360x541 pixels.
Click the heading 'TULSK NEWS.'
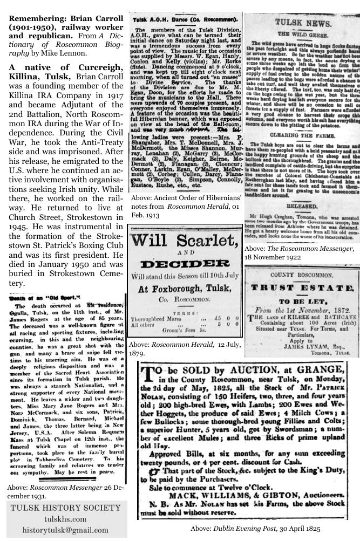(x=302, y=24)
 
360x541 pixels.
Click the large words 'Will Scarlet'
(x=185, y=239)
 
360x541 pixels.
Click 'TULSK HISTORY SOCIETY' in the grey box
(x=66, y=508)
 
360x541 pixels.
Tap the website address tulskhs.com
(x=66, y=518)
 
